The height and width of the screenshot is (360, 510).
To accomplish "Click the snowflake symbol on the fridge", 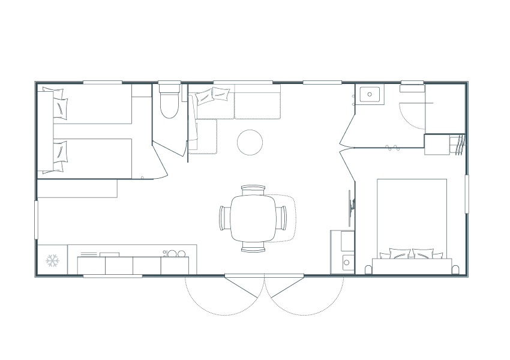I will click(x=53, y=260).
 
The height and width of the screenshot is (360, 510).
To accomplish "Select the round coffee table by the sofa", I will click(x=250, y=142).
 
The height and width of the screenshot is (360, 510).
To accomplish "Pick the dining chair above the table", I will click(x=253, y=189).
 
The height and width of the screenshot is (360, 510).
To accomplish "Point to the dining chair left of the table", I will click(x=224, y=218).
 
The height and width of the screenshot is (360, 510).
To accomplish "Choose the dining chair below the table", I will click(x=253, y=247).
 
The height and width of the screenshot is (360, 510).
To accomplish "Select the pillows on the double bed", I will click(x=411, y=254).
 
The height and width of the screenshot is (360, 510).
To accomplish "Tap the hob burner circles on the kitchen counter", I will click(x=175, y=254).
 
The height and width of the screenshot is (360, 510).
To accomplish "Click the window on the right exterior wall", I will click(x=466, y=193).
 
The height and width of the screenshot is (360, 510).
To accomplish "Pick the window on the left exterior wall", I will click(x=37, y=220).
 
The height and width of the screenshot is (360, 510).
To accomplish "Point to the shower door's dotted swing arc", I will click(x=414, y=120).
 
